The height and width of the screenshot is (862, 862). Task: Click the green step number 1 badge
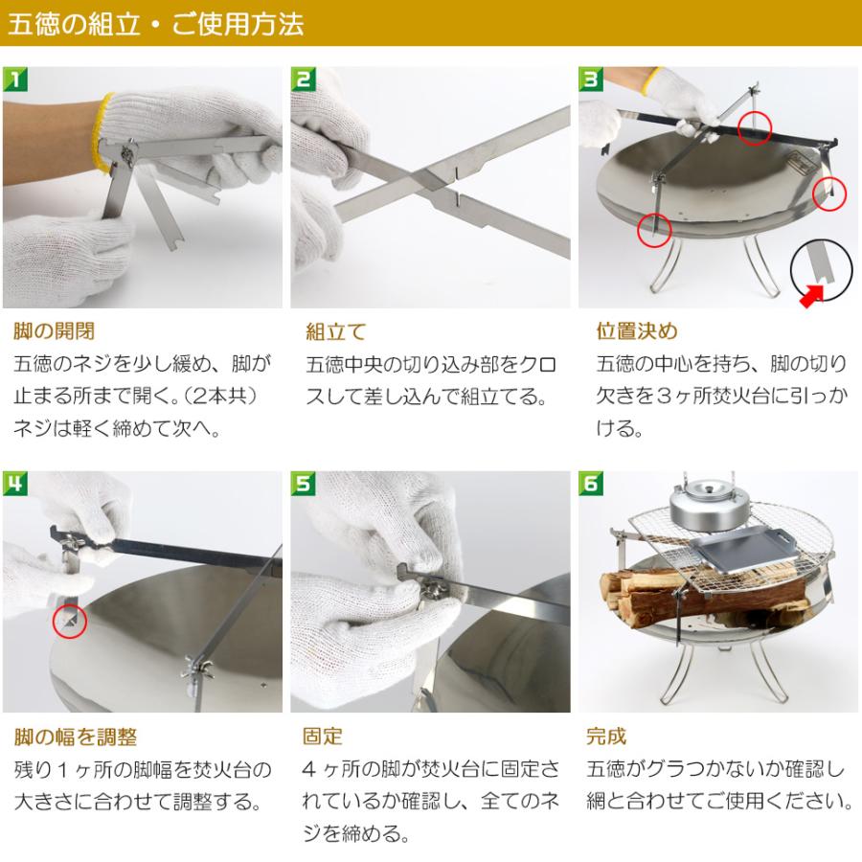point(15,79)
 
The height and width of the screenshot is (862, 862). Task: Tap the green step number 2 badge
point(303,79)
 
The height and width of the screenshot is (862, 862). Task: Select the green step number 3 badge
point(591,79)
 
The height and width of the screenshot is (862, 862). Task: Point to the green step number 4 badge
point(15,484)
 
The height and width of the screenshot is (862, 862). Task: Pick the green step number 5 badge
point(303,484)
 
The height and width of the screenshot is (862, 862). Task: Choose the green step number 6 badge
point(591,484)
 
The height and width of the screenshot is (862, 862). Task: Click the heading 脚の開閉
point(54,331)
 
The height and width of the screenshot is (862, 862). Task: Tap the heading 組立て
point(336,332)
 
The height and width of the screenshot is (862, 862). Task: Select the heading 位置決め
point(637,331)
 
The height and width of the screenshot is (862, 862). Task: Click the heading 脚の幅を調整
point(76,737)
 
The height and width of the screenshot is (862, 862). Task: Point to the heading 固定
point(322,737)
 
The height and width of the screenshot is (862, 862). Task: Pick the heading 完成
point(606,737)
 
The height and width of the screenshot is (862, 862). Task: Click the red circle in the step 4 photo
point(70,622)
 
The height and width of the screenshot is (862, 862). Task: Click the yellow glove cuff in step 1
point(100,133)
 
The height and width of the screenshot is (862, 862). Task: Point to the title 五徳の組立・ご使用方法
point(155,24)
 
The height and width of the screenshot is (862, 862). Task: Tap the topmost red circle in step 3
point(755,127)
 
